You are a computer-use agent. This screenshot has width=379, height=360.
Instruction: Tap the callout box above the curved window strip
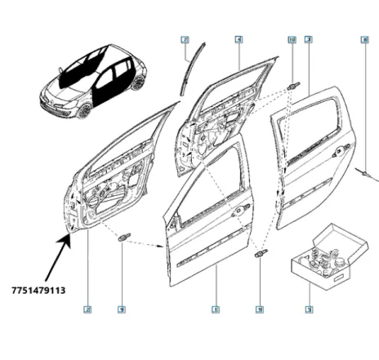pyautogui.click(x=185, y=39)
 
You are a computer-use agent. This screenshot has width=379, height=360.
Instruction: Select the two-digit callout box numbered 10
pyautogui.click(x=292, y=39)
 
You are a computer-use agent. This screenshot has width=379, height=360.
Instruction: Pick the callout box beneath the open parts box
pyautogui.click(x=308, y=309)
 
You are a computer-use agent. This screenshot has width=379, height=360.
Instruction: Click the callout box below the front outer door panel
pyautogui.click(x=215, y=309)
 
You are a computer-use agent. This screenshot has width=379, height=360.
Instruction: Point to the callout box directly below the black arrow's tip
pyautogui.click(x=87, y=309)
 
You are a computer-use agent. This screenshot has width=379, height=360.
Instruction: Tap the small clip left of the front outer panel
pyautogui.click(x=124, y=238)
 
